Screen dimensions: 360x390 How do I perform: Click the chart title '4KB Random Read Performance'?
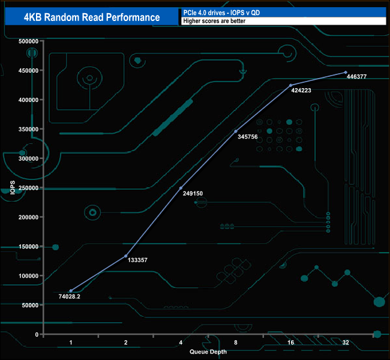[92, 17]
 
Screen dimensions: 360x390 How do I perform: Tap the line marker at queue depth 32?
[346, 72]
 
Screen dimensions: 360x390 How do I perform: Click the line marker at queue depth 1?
[71, 291]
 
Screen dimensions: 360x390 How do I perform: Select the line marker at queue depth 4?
[181, 188]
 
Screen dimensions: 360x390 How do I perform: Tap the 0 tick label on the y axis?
[37, 334]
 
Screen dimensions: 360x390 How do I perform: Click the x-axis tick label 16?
[290, 343]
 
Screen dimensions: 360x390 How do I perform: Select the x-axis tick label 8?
[236, 343]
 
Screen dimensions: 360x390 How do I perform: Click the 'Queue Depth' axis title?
[208, 352]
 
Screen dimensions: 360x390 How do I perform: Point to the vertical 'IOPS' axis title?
[12, 187]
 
